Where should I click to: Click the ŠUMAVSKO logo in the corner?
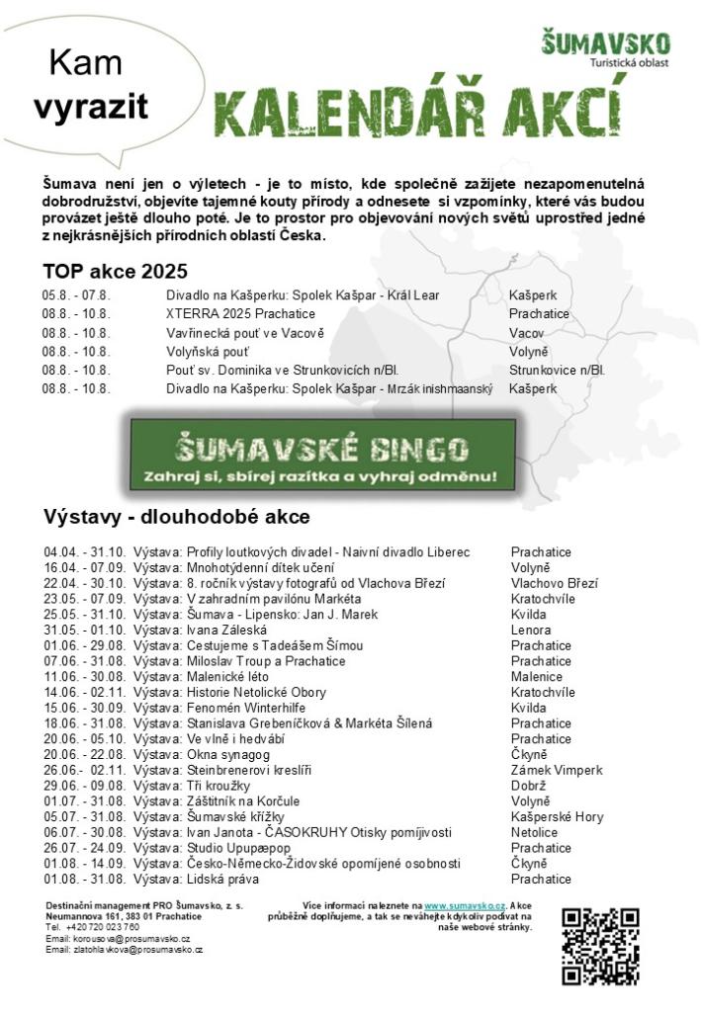click(x=605, y=49)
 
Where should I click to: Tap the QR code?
click(x=599, y=946)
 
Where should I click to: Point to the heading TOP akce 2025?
click(x=115, y=272)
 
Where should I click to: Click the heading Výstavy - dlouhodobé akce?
click(x=176, y=517)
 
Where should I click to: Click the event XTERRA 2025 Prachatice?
click(x=240, y=314)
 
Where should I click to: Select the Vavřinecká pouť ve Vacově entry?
click(x=245, y=333)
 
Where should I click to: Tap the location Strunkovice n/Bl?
click(x=557, y=371)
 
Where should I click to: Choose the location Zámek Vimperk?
click(x=556, y=770)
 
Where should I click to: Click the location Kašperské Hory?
click(x=557, y=817)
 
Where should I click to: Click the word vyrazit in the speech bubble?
click(x=90, y=107)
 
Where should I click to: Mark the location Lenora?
click(x=531, y=630)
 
